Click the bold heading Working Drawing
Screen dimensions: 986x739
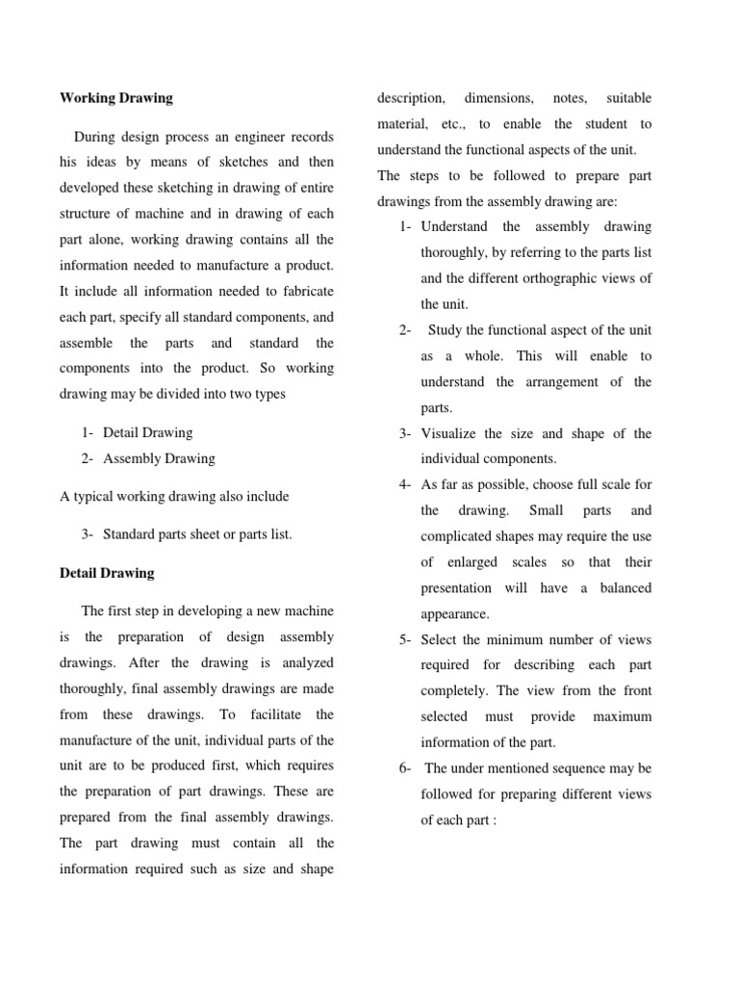point(116,98)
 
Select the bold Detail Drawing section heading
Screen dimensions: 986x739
point(107,573)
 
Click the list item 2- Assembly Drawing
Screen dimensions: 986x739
point(148,458)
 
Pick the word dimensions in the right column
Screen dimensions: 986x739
point(498,98)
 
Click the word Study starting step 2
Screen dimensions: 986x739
point(447,330)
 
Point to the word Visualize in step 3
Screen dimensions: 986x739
point(452,433)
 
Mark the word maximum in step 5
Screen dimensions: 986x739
point(622,716)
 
